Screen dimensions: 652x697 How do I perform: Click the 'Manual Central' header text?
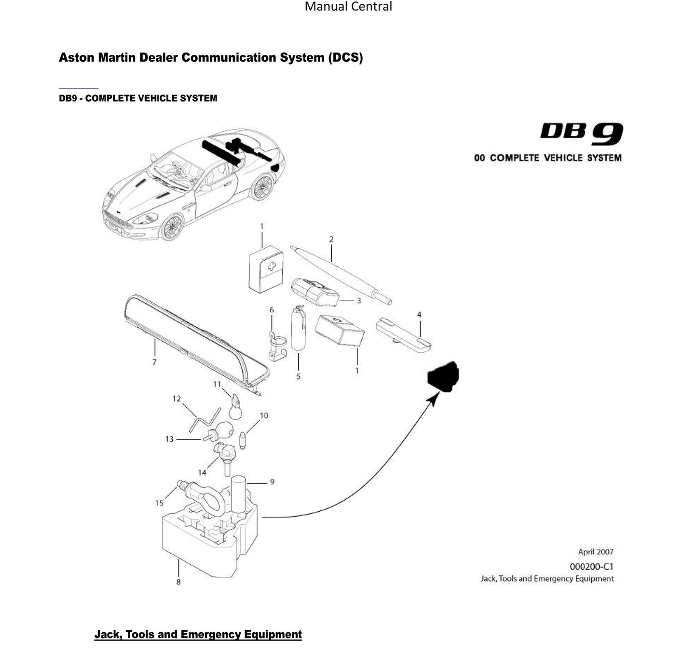[x=348, y=7]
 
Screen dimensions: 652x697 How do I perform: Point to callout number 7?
[x=154, y=362]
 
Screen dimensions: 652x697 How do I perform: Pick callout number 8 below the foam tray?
[x=178, y=582]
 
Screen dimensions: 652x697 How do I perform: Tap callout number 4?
[x=419, y=315]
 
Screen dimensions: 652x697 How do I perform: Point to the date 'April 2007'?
[x=596, y=552]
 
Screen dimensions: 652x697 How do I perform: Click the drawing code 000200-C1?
[x=591, y=567]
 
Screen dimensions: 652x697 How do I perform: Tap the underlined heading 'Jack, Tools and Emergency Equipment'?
[x=198, y=634]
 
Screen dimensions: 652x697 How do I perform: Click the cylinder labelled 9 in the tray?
[x=239, y=494]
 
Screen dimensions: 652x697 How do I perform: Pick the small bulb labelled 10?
[x=243, y=440]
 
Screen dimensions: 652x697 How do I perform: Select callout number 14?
[x=202, y=473]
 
